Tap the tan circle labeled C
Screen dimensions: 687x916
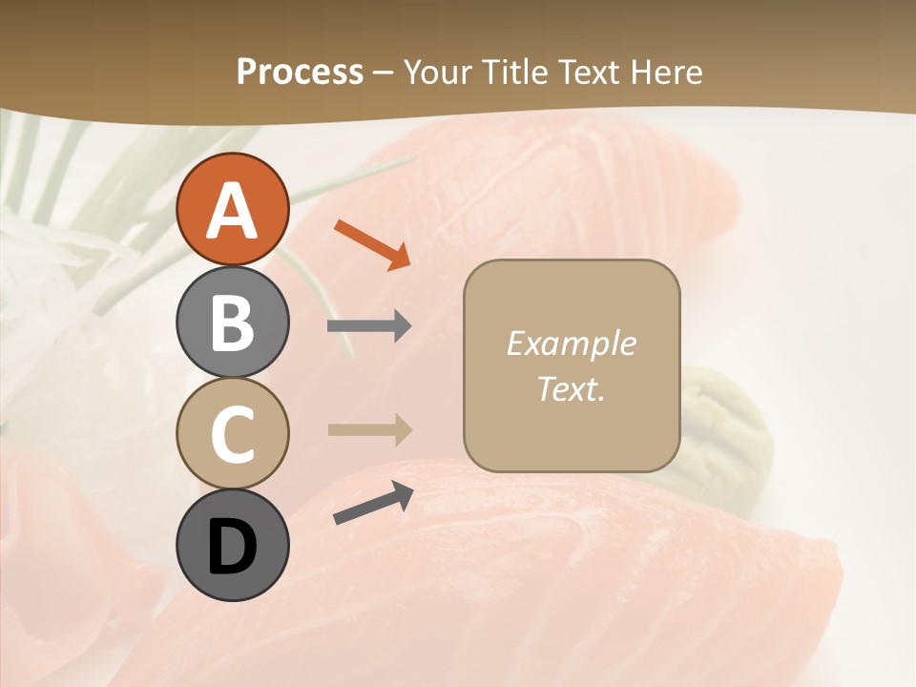coord(232,433)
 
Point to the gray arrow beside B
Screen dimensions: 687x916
coord(369,326)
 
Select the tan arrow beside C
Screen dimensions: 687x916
coord(369,430)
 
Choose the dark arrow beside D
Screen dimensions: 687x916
coord(373,503)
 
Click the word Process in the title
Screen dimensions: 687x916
coord(300,72)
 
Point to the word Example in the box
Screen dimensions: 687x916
coord(571,343)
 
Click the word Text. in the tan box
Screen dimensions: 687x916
coord(571,388)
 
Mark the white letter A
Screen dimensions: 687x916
coord(232,210)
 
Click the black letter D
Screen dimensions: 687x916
coord(232,548)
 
